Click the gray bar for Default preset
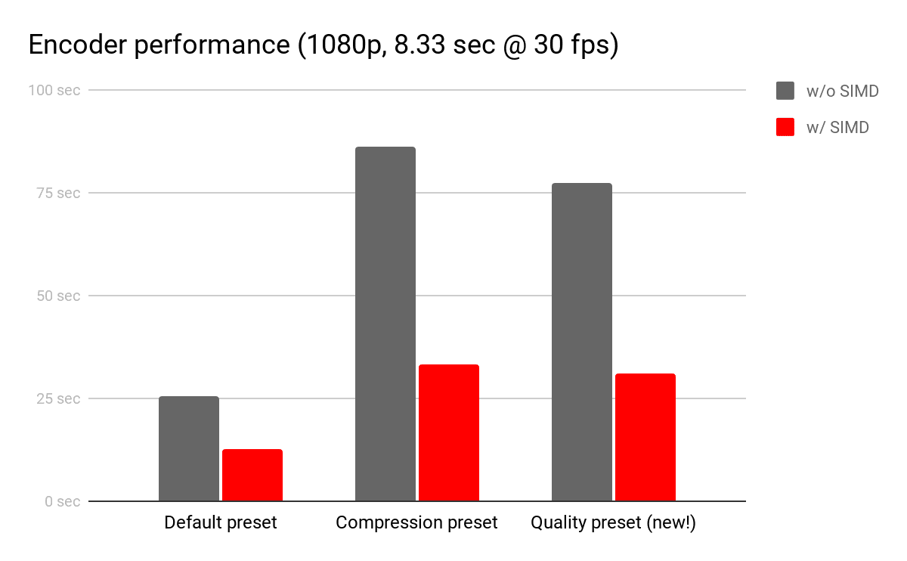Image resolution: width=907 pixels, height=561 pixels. pos(189,448)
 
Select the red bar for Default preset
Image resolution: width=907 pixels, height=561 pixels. pos(252,475)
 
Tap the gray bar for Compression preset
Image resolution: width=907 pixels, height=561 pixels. pos(385,324)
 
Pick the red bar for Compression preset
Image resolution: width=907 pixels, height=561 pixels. pos(448,432)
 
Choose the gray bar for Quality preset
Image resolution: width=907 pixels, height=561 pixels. pos(582,342)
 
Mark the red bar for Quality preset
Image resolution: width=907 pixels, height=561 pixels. pos(645,437)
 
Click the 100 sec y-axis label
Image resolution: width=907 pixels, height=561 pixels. pos(54,90)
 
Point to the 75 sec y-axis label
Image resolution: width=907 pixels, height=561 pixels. pos(57,193)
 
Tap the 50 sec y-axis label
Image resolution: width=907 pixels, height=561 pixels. pos(57,296)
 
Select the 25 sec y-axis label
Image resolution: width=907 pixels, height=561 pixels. pos(57,398)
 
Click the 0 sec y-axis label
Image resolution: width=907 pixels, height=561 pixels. pos(61,501)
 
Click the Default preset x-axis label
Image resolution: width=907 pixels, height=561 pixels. pos(221,522)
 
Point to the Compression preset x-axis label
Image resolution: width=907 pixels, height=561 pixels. pos(416,522)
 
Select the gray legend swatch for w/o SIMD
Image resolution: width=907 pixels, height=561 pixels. pos(785,91)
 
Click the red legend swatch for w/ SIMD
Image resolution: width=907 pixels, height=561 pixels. pos(785,127)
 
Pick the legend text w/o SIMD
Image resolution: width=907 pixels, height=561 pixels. pos(843,91)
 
